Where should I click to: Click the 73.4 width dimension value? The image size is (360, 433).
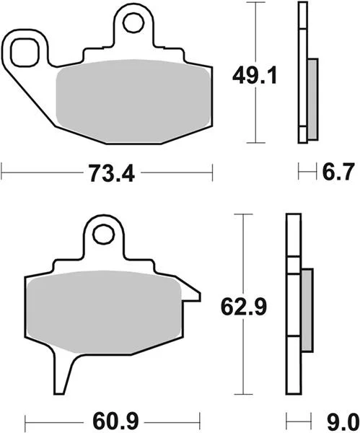[x=112, y=173]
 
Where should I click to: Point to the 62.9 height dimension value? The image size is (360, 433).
[x=244, y=307]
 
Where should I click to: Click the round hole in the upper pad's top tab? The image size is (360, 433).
[x=134, y=23]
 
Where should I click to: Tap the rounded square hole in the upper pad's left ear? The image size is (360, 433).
[x=25, y=53]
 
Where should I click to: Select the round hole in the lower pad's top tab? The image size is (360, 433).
[x=104, y=235]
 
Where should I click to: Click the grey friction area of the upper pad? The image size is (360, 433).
[x=133, y=101]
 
